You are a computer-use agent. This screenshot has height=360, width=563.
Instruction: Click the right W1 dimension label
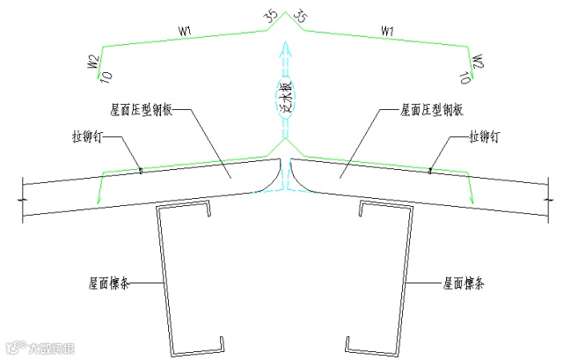pos(386,33)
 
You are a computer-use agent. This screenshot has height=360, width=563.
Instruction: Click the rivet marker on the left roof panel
pos(139,171)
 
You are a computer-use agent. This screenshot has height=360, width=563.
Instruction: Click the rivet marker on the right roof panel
pos(429,171)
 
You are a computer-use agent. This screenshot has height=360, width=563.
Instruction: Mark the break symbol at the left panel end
pos(20,201)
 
